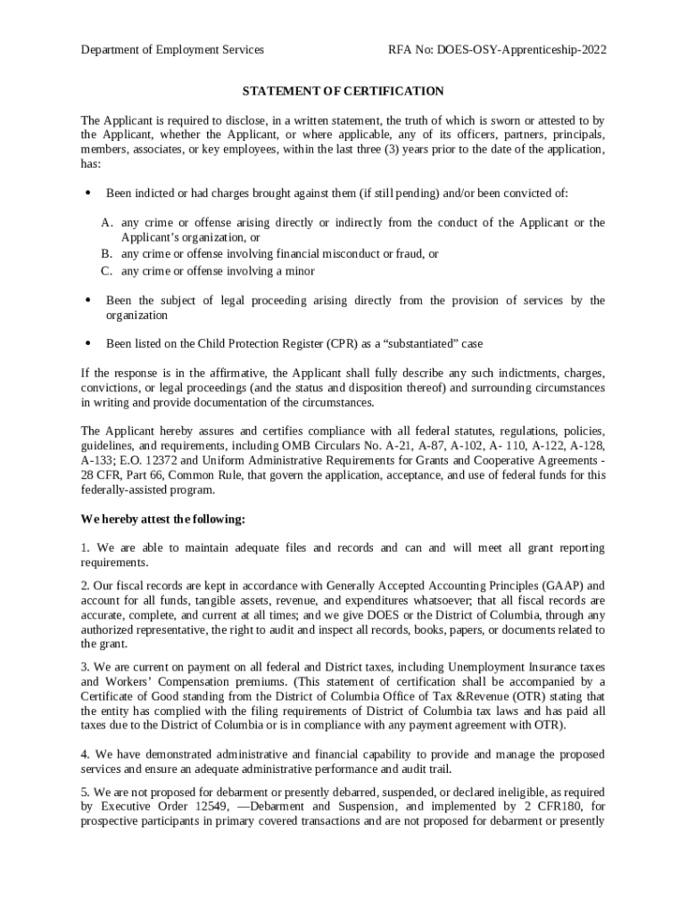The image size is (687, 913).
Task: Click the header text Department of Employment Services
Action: (x=172, y=50)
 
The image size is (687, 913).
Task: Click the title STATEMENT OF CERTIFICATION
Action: (x=343, y=91)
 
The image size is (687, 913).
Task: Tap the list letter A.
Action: (x=106, y=223)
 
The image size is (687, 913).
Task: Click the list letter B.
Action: (x=106, y=254)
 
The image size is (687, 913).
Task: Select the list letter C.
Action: (x=106, y=271)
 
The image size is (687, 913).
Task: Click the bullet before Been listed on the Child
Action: (x=87, y=343)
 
